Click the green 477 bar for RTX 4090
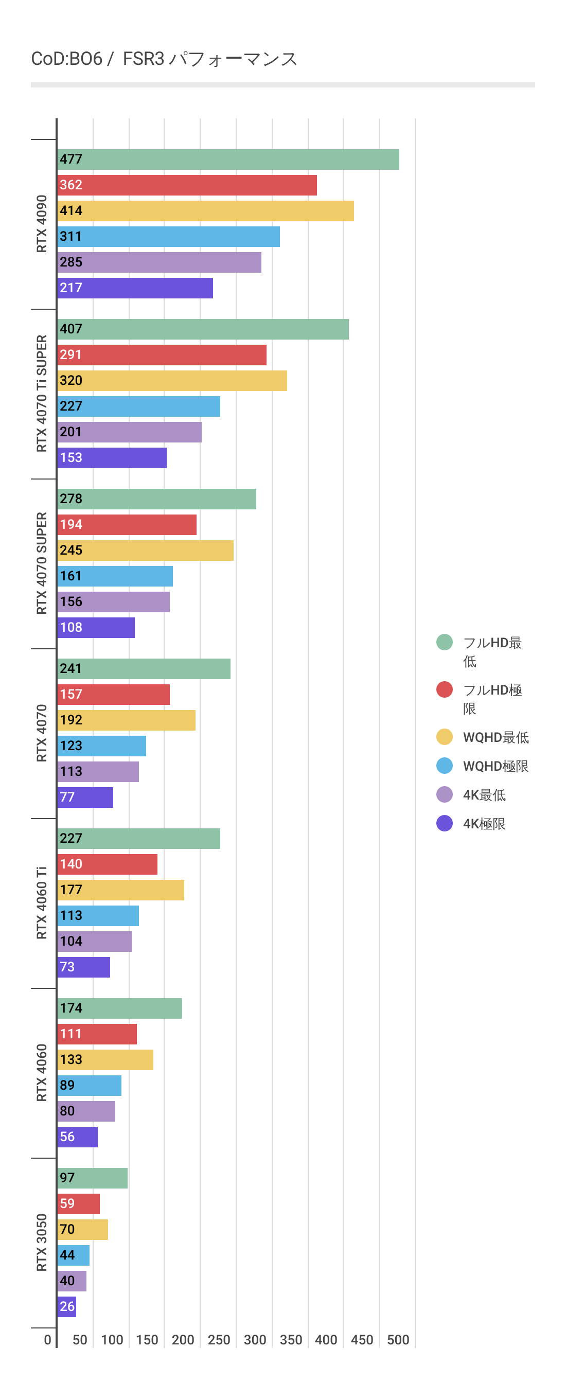[x=228, y=159]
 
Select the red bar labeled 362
[x=187, y=185]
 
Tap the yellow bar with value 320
[x=172, y=381]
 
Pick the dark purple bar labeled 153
[x=112, y=458]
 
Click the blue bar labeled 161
[x=115, y=576]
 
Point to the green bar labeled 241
[x=144, y=669]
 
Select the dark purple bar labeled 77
[x=85, y=797]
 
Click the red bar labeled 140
[x=108, y=864]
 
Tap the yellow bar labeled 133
[x=105, y=1060]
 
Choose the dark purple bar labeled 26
[x=66, y=1307]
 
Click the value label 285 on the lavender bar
[x=71, y=262]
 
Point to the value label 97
[x=67, y=1178]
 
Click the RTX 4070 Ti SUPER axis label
[x=41, y=394]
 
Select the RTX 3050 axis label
[x=41, y=1243]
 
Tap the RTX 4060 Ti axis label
[x=41, y=902]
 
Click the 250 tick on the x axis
[x=219, y=1340]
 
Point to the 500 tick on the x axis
[x=398, y=1340]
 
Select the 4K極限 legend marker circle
[x=444, y=823]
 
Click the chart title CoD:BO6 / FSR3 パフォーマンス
[x=164, y=59]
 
